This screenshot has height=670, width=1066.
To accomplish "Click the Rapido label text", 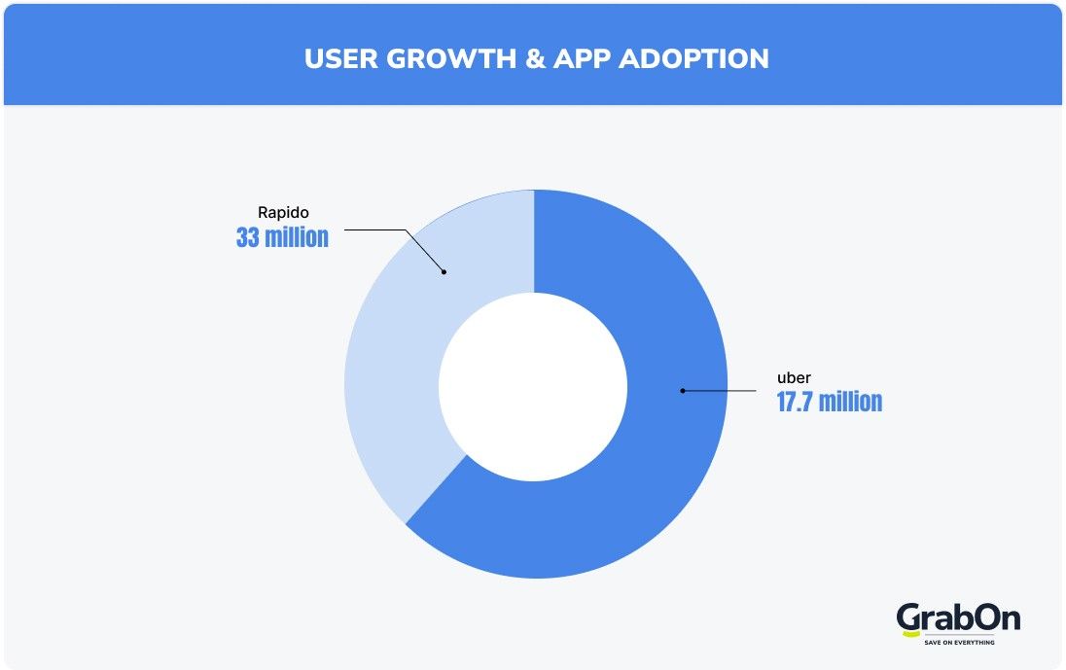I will coord(282,211).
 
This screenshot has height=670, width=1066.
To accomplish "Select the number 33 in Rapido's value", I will coord(249,237).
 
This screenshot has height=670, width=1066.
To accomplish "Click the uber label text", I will coord(794,376).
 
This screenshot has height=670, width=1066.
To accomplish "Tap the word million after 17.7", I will coord(853,403).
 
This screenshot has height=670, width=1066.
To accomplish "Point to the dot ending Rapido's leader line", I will coord(444,271).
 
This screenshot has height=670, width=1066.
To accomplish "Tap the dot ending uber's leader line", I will coord(682,391).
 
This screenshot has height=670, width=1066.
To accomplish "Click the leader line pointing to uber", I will coord(720,391).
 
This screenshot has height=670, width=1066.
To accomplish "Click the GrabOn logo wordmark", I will coord(958,618).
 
